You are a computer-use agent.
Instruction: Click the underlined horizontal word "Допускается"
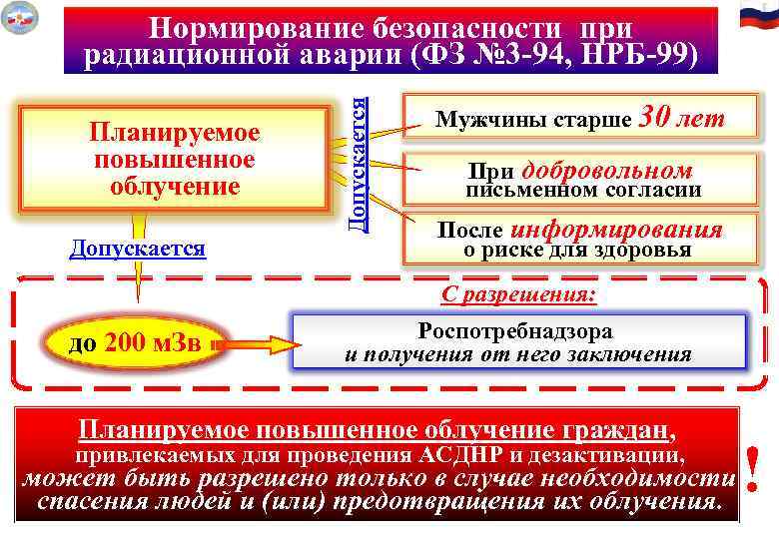(x=138, y=248)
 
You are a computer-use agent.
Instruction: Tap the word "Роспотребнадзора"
(x=516, y=330)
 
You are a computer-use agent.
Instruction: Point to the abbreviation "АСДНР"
(x=471, y=456)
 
